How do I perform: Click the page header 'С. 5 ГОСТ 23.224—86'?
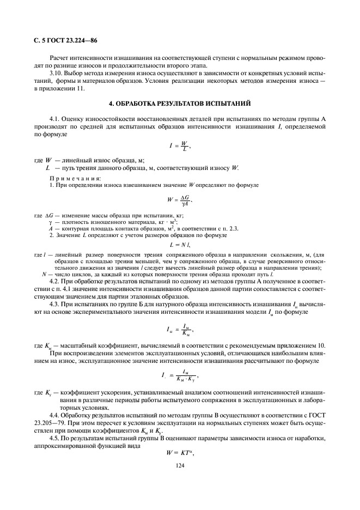point(65,40)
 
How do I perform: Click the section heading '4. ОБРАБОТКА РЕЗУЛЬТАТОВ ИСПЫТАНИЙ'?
point(179,105)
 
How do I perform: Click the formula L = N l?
point(180,244)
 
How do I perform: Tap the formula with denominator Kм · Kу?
point(180,375)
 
